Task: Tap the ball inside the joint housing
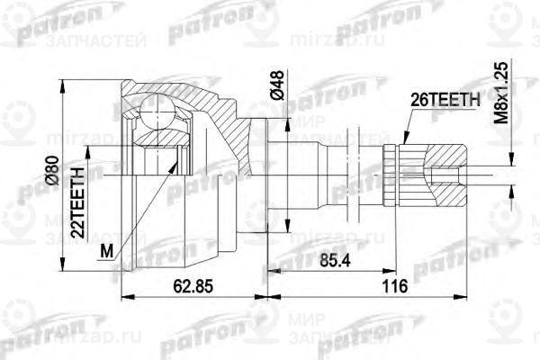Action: pyautogui.click(x=158, y=114)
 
